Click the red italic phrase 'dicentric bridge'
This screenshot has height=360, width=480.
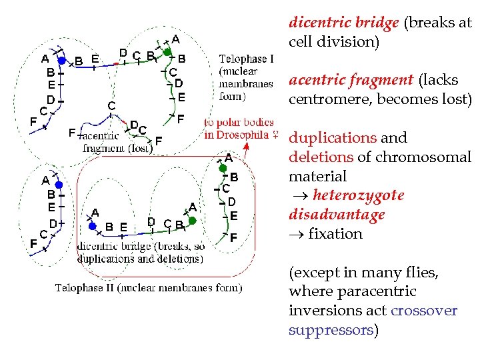coord(343,22)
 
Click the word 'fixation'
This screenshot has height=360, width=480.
coord(335,234)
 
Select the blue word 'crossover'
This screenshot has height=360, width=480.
coord(425,311)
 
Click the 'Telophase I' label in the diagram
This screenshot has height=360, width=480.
coord(246,59)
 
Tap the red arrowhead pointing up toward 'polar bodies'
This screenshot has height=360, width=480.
coord(247,145)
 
